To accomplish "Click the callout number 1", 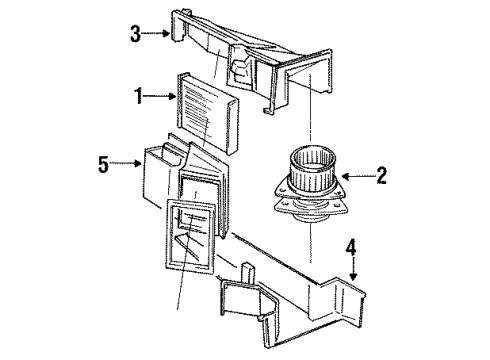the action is (x=138, y=96).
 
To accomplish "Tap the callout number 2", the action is (x=382, y=175).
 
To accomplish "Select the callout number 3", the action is (x=135, y=34).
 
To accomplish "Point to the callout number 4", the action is (x=351, y=247).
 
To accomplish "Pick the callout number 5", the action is (x=104, y=164).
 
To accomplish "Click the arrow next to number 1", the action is (x=160, y=96).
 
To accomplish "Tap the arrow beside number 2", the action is (x=358, y=176).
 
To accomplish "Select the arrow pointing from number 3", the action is (x=156, y=33).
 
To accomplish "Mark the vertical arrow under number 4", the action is (x=353, y=269).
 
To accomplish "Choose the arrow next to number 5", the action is (x=125, y=163).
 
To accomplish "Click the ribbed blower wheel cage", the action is (x=312, y=168).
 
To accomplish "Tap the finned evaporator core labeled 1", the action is (x=207, y=113).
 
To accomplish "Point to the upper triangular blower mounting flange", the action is (x=311, y=190).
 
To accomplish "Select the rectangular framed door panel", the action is (x=190, y=236).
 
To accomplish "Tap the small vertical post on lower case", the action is (x=248, y=274).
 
